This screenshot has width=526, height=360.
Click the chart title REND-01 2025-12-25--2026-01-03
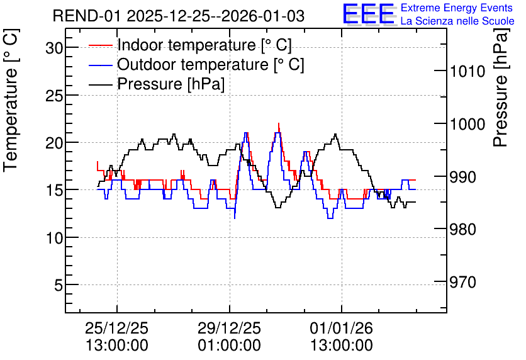click(179, 16)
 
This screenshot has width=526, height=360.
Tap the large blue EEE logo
click(369, 14)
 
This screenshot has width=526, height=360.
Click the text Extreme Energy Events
click(457, 8)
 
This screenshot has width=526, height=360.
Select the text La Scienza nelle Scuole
click(457, 21)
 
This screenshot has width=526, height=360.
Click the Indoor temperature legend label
click(204, 45)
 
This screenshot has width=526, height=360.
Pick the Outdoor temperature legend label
click(210, 64)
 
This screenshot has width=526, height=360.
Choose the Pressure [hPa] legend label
click(171, 84)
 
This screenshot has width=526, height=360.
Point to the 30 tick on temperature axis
click(54, 48)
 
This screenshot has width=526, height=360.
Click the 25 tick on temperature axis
click(54, 96)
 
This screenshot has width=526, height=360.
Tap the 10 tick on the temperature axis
click(54, 239)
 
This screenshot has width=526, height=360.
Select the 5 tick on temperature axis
click(59, 286)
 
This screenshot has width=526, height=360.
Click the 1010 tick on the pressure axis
click(467, 72)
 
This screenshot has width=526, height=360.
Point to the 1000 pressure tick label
click(467, 125)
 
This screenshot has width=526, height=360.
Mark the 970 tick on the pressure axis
click(463, 283)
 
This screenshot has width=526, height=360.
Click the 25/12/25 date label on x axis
click(117, 329)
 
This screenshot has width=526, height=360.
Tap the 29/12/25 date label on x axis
click(229, 329)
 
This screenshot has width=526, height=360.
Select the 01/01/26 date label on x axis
click(342, 329)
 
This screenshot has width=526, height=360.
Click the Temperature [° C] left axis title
click(11, 100)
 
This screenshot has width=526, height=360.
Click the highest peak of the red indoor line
click(279, 123)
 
